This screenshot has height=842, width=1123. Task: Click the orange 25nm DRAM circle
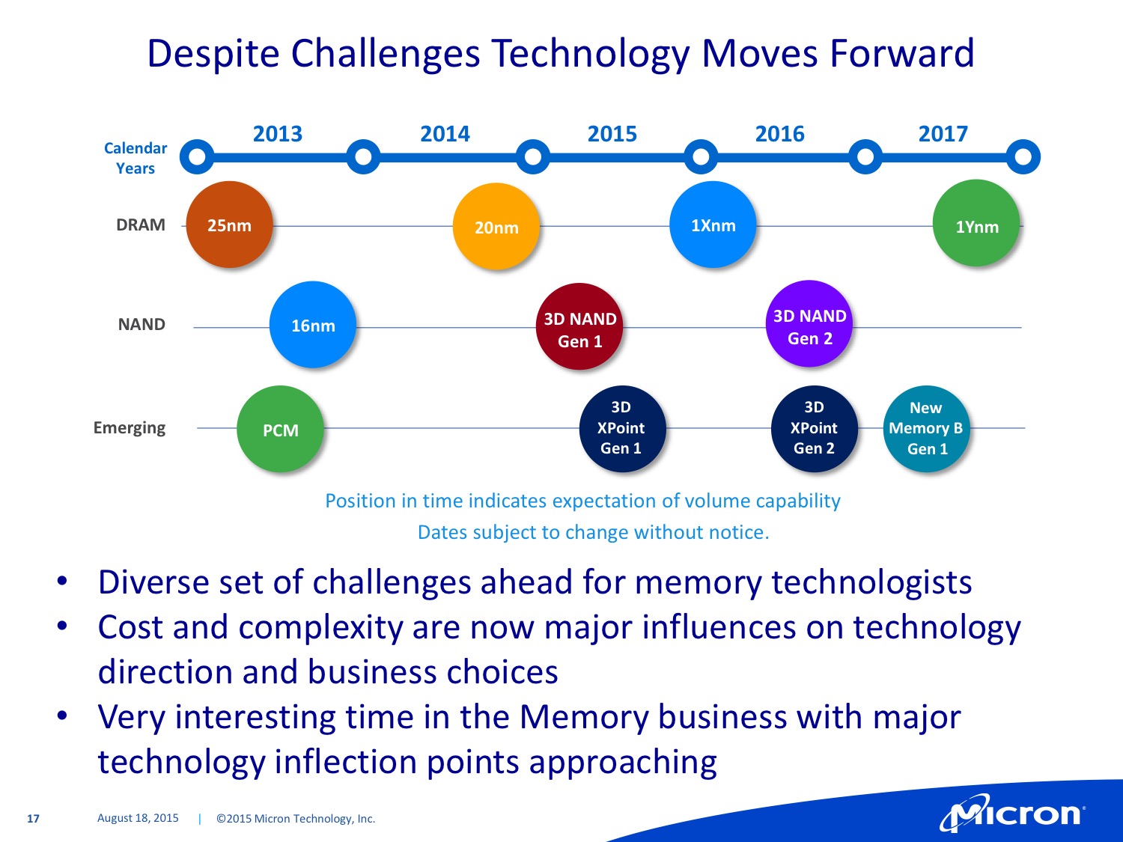click(229, 225)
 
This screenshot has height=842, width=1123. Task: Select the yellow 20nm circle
click(496, 227)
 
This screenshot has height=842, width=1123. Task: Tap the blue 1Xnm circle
click(713, 225)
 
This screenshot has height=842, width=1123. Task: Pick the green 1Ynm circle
click(976, 223)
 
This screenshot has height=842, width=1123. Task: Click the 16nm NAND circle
click(313, 324)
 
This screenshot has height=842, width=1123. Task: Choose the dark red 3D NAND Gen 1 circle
click(579, 326)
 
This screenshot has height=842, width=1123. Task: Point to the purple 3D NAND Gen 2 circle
click(809, 323)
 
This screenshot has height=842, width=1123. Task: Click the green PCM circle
click(280, 429)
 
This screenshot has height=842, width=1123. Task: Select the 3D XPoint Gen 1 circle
click(623, 429)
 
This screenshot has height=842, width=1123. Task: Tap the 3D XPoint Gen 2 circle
click(815, 429)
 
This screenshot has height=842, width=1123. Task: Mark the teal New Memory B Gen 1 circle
click(927, 429)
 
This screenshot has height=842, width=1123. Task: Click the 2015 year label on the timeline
click(612, 134)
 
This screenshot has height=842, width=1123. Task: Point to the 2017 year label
click(943, 134)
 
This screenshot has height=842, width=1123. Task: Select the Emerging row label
click(130, 428)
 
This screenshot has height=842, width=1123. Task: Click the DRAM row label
click(141, 225)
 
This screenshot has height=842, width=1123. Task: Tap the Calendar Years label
click(136, 158)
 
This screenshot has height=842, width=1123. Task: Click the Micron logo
click(1012, 812)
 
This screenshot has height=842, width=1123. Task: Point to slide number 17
click(33, 819)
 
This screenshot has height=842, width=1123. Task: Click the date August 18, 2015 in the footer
click(139, 818)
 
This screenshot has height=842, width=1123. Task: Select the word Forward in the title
click(901, 52)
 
